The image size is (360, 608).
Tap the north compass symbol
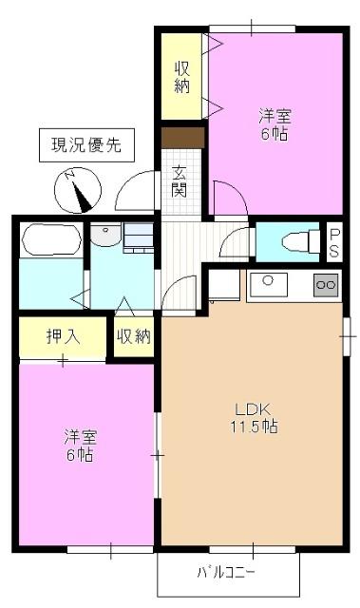click(x=76, y=190)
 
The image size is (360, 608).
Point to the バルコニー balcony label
click(x=225, y=573)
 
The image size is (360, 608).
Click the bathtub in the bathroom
click(x=50, y=239)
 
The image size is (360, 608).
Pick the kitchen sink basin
click(x=268, y=281)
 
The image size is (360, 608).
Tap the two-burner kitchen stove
click(x=324, y=283)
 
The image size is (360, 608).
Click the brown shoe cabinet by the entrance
click(x=181, y=138)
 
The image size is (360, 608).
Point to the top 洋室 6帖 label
click(x=275, y=124)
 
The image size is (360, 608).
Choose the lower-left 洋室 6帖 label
click(x=80, y=446)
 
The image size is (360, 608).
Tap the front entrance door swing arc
click(x=138, y=193)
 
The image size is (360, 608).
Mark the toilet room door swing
click(x=235, y=245)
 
